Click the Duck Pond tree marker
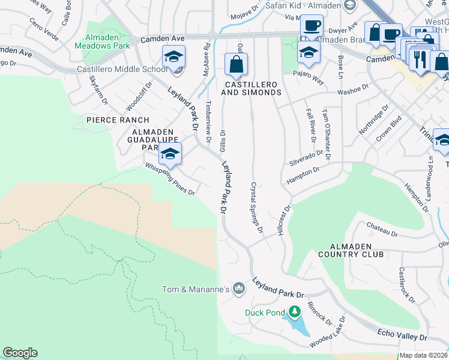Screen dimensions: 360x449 tap(294, 311)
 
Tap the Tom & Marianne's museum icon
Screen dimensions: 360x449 tap(239, 289)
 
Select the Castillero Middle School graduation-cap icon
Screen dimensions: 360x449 tap(174, 57)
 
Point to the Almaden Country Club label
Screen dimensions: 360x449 tap(360, 250)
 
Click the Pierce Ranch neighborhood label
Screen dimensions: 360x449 tap(117, 120)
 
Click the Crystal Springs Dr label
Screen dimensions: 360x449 tap(257, 208)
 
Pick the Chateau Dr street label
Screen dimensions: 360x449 tap(382, 229)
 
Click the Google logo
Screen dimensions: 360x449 tap(20, 353)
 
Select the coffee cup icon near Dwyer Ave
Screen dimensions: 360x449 tap(312, 26)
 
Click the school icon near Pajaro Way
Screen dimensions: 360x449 tap(309, 52)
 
